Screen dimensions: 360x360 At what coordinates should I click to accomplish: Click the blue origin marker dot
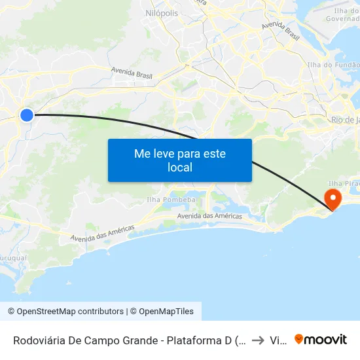26,115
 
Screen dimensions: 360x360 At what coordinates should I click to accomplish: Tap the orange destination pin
333,198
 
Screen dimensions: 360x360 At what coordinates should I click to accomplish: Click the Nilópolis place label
161,12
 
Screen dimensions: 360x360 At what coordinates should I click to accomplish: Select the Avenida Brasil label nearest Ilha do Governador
280,31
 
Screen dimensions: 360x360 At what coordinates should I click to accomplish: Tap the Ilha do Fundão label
334,65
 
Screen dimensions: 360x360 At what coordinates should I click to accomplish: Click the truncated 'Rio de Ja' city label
345,120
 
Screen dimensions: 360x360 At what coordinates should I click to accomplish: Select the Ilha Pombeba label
171,199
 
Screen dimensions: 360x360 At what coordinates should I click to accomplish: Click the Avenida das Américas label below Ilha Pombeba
209,216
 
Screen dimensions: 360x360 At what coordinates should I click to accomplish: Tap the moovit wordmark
326,339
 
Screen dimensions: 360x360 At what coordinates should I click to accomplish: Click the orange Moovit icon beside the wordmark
299,339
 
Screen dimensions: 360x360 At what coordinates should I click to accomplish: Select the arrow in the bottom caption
257,340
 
